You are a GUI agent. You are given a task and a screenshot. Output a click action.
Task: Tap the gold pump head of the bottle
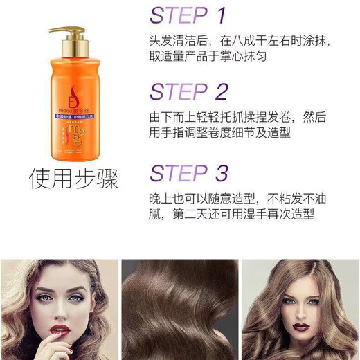point(67,33)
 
